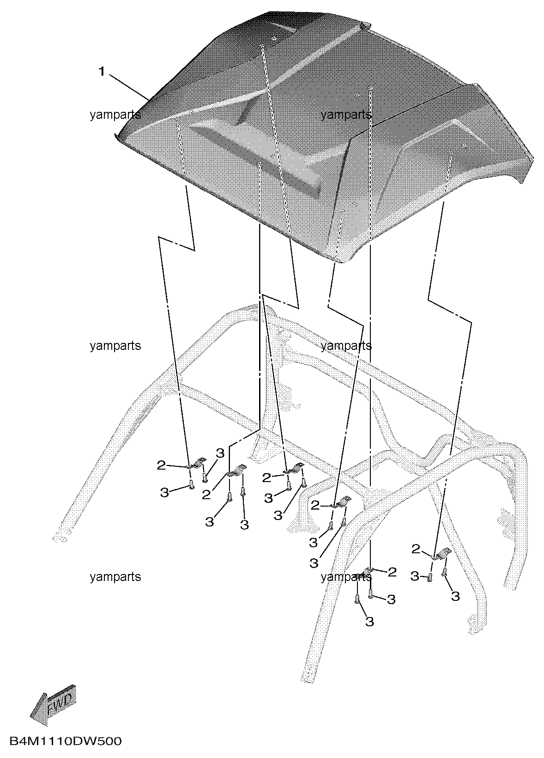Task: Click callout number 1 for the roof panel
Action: point(102,71)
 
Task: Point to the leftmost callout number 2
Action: point(161,465)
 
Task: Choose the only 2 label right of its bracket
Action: point(392,572)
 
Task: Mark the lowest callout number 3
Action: point(369,621)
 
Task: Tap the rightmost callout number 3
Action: point(455,596)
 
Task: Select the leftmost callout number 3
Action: point(164,493)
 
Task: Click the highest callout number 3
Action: point(220,453)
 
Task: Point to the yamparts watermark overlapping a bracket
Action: point(346,577)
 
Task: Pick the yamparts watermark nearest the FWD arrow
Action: point(115,577)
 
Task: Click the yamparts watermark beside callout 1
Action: point(115,115)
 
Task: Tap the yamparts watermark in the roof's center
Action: point(346,115)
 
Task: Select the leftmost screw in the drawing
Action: point(192,484)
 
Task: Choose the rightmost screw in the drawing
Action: point(445,572)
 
